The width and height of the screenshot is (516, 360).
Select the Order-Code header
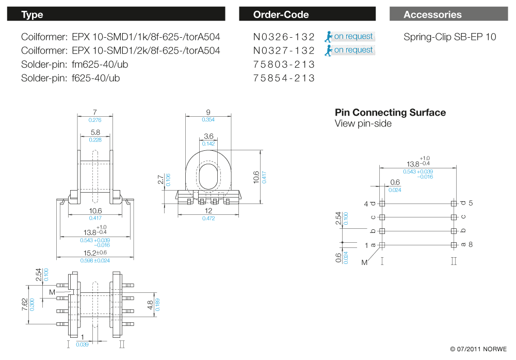307,14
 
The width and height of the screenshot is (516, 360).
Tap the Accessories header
448,14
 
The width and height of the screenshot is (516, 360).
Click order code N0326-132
284,37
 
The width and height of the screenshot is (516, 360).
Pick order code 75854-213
284,79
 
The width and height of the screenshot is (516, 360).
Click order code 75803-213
284,65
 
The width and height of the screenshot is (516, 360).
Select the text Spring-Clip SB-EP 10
449,37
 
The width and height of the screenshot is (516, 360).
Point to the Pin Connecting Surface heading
390,113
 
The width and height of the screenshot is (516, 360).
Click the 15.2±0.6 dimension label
95,253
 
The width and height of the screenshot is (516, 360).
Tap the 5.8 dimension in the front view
95,132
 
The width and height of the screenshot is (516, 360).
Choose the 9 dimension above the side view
208,112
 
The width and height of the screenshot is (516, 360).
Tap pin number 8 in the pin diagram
471,244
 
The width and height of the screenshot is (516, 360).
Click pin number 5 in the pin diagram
471,204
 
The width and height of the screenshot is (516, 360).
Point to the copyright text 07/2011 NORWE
478,349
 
